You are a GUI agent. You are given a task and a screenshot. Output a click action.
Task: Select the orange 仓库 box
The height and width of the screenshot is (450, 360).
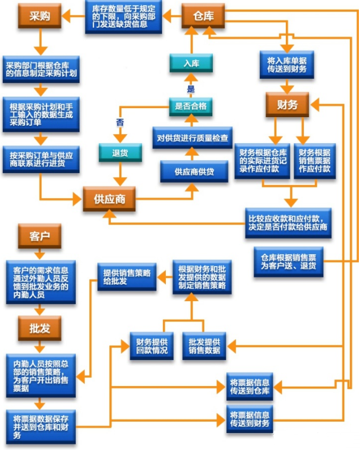203,16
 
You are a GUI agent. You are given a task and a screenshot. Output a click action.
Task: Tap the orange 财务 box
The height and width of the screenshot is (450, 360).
288,105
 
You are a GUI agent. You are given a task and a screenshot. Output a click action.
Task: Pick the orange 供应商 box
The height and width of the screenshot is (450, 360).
109,199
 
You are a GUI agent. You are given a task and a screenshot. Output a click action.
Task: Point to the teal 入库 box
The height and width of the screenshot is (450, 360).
191,63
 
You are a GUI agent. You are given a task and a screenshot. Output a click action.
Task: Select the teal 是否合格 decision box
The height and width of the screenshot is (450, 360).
191,106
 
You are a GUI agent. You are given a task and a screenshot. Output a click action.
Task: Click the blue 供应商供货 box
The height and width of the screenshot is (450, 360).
194,171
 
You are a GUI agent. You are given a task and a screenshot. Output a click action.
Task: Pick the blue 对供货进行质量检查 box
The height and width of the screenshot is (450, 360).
194,138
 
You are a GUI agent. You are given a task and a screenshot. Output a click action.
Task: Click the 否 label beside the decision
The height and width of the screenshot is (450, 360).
119,122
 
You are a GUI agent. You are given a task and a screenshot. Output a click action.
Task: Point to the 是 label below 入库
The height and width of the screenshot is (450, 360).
191,89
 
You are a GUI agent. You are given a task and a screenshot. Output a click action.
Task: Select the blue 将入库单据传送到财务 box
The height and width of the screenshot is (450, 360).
287,63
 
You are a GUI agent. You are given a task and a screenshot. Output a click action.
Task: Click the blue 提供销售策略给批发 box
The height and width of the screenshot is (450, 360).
127,276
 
